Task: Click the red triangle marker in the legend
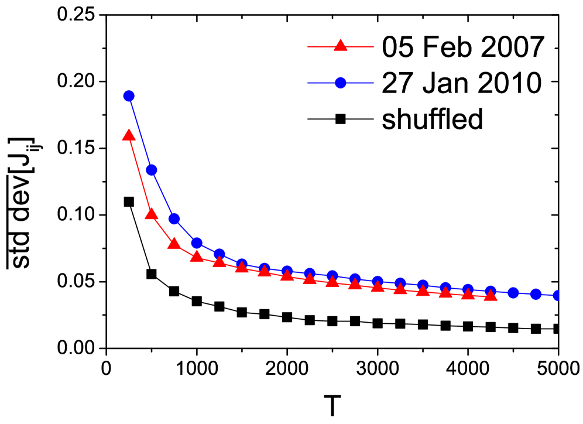coord(340,46)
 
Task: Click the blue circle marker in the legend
coord(341,83)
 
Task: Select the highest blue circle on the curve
coord(129,96)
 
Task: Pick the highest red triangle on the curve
coord(129,136)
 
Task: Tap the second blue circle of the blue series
coord(152,170)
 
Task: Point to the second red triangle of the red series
coord(152,214)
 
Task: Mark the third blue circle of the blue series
coord(174,219)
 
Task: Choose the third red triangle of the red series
coord(174,244)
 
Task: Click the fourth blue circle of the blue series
coord(197,242)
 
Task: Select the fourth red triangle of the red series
coord(197,256)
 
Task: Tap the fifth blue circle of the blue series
coord(220,254)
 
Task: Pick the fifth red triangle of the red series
coord(220,262)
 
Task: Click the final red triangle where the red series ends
coord(491,295)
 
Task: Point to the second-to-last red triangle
coord(468,294)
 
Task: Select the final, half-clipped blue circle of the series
coord(557,295)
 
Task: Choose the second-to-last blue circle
coord(536,294)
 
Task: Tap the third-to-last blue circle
coord(513,292)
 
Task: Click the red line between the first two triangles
coord(140,175)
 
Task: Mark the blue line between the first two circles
coord(140,133)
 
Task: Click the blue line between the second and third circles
coord(163,194)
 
